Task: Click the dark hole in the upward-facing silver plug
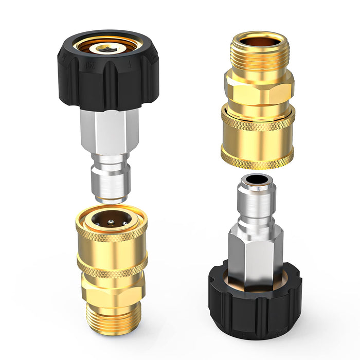[256, 181]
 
